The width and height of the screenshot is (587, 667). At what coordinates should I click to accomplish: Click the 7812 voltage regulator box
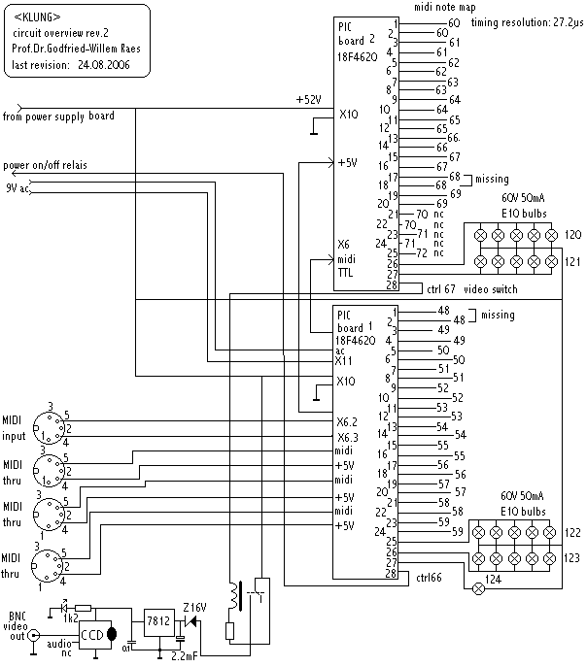pos(159,622)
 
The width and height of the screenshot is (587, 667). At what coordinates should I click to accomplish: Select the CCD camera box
pos(95,635)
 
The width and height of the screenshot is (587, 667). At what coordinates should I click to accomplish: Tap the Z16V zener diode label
pos(195,607)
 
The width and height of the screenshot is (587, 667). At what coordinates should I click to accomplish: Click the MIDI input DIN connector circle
pos(49,427)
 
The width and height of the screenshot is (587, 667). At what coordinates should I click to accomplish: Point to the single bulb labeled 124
pos(479,588)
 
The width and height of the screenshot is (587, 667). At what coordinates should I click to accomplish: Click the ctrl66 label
pos(429,578)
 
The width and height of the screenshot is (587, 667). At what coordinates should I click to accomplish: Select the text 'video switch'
pos(491,289)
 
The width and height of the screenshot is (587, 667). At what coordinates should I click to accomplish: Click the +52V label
pos(309,100)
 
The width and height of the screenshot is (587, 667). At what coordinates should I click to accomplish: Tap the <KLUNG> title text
pos(38,17)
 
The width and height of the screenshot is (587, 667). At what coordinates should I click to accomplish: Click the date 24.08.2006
pos(104,65)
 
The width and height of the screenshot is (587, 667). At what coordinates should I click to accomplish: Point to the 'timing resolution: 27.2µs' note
pos(527,22)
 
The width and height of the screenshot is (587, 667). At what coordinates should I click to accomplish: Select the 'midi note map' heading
pos(445,7)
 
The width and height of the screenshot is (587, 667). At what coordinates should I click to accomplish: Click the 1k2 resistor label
pos(71,618)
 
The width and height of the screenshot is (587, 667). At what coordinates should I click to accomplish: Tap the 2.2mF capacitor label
pos(185,656)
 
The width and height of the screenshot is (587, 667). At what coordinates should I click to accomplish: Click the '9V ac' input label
pos(17,187)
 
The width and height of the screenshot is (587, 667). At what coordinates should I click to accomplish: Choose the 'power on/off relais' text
pos(45,165)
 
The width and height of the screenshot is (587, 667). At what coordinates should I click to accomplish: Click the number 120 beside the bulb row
pos(573,235)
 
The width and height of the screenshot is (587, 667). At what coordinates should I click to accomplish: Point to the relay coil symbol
pos(234,595)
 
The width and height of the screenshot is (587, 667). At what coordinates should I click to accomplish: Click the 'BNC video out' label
pos(17,626)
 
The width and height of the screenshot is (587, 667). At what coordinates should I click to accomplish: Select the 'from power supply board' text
pos(58,117)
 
